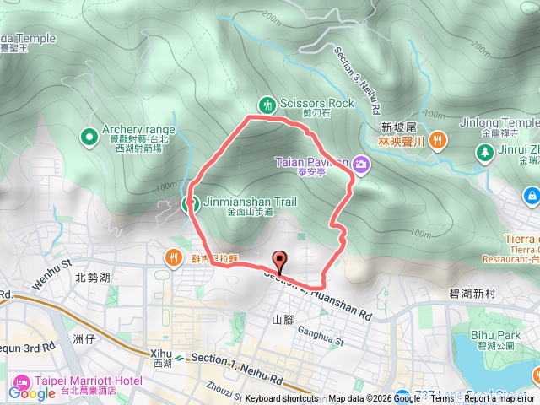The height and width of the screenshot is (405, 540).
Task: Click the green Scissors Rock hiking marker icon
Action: [x=267, y=105]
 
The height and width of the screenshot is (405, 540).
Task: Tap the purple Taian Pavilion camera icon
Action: [x=361, y=163]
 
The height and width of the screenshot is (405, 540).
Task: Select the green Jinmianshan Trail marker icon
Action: [x=187, y=202]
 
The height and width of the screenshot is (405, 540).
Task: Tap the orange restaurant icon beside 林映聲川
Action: [x=437, y=140]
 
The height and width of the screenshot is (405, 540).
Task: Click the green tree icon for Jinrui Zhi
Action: [x=486, y=152]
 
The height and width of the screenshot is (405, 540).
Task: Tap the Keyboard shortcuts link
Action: [x=282, y=399]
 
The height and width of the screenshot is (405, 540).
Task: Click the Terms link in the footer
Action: [x=441, y=399]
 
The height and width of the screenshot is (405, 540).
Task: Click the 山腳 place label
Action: [x=283, y=320]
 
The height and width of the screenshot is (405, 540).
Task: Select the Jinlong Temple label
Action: [x=499, y=122]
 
